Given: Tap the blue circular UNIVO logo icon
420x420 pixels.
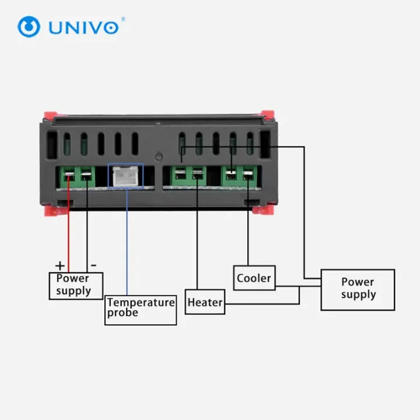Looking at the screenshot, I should point(29,27).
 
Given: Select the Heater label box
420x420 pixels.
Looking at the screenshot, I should point(205,302).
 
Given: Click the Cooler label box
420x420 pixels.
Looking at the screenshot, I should point(254,278).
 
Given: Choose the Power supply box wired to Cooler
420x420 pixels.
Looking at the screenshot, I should point(358,289).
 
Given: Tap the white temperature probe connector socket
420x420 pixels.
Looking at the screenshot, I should point(126,176).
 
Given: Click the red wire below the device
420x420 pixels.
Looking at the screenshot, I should point(69,233).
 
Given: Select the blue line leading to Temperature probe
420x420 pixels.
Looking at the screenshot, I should point(127,245).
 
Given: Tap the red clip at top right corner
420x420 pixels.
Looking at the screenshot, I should point(268,116).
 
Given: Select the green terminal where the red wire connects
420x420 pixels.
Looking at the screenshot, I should point(69,175).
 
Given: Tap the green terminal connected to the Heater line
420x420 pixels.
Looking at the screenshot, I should point(197,175).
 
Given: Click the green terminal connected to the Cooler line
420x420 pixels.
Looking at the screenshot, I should point(249,175).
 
